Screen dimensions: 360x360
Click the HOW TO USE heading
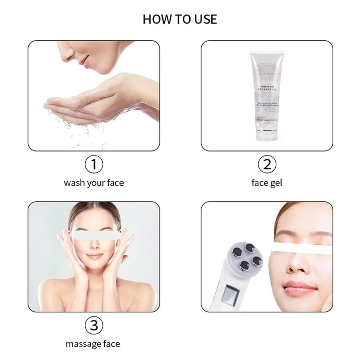click(180, 19)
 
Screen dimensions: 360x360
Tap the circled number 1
click(94, 164)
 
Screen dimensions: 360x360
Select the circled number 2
click(267, 164)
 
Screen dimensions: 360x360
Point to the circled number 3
click(94, 325)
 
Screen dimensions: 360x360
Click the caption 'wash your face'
click(94, 183)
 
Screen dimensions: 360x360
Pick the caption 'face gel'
click(267, 183)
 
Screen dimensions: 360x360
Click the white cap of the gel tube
click(266, 136)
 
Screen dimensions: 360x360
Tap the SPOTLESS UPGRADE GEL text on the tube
click(267, 88)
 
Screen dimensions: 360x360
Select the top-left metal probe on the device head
click(236, 252)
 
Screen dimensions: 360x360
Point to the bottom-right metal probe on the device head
click(256, 260)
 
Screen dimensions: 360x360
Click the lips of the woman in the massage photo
click(94, 256)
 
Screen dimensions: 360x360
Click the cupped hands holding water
click(80, 102)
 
